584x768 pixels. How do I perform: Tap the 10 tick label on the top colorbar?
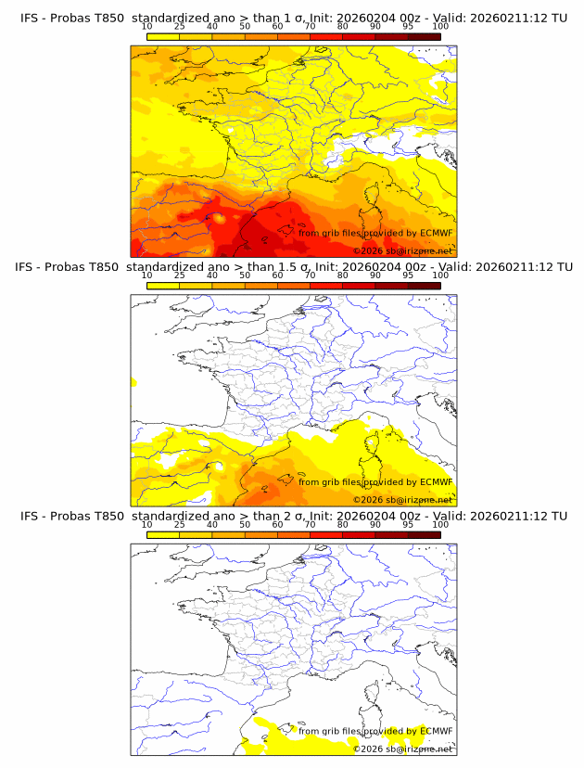click(x=146, y=26)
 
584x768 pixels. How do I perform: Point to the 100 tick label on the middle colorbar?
click(x=440, y=275)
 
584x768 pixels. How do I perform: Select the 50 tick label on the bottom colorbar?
click(x=245, y=524)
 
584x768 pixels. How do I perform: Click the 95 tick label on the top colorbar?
click(x=408, y=26)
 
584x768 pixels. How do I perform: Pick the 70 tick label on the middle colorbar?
click(x=310, y=275)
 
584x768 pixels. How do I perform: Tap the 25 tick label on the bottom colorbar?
click(x=179, y=524)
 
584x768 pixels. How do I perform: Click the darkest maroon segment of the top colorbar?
click(x=424, y=36)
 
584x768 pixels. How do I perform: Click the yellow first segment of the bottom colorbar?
click(x=163, y=534)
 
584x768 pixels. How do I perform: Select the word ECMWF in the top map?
click(x=436, y=233)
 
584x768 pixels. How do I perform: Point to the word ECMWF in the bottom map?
click(x=436, y=731)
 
